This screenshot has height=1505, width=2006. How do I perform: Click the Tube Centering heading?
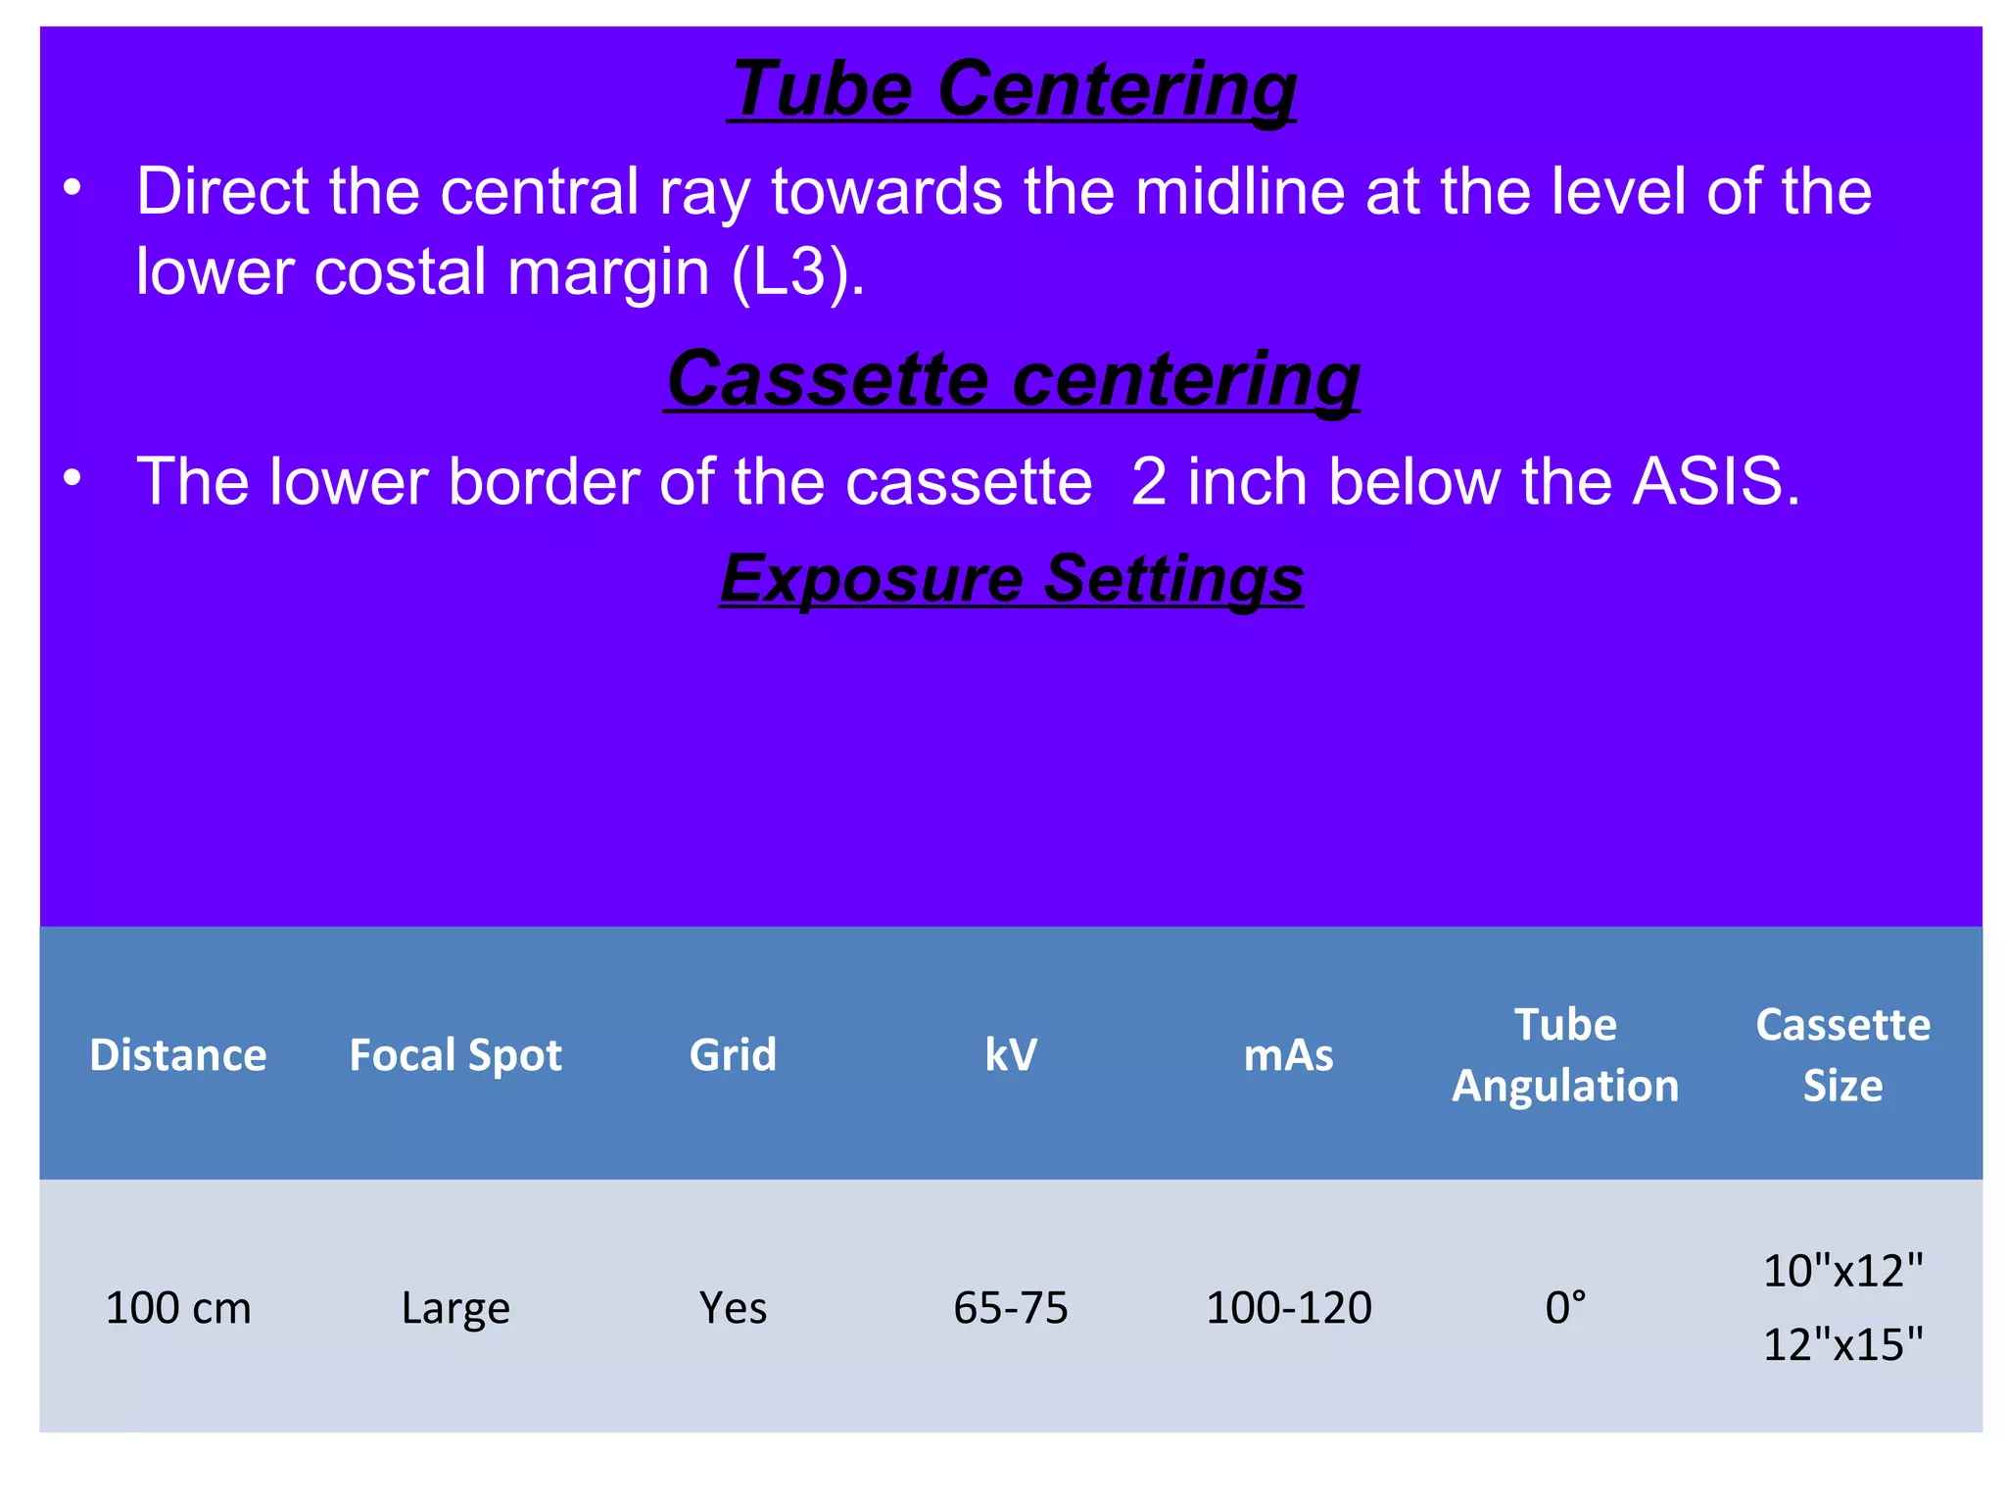[x=1012, y=89]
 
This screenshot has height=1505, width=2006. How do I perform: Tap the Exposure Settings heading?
[x=1012, y=578]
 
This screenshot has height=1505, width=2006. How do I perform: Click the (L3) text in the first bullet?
[x=797, y=271]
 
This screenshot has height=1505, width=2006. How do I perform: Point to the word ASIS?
[x=1715, y=481]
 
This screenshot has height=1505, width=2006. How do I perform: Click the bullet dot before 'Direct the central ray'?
[x=72, y=187]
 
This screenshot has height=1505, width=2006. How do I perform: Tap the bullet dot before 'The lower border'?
[x=72, y=478]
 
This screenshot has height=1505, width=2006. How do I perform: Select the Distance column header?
[x=178, y=1055]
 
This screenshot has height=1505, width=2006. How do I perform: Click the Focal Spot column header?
[x=455, y=1055]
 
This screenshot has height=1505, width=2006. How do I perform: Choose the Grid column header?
[x=733, y=1055]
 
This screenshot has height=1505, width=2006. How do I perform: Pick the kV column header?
[x=1011, y=1055]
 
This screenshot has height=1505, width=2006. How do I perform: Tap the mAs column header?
[x=1288, y=1055]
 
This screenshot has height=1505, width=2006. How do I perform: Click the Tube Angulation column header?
[x=1565, y=1055]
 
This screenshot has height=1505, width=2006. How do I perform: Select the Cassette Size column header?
[x=1842, y=1055]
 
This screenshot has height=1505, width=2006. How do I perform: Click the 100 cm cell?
[x=178, y=1308]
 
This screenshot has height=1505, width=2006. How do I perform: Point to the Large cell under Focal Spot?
[x=455, y=1308]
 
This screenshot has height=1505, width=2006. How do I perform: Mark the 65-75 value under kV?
[x=1011, y=1308]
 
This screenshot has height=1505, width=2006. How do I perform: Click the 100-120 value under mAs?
[x=1288, y=1308]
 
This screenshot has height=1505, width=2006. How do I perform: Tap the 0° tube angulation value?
[x=1565, y=1308]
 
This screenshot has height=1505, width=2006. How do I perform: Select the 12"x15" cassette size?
[x=1842, y=1344]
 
